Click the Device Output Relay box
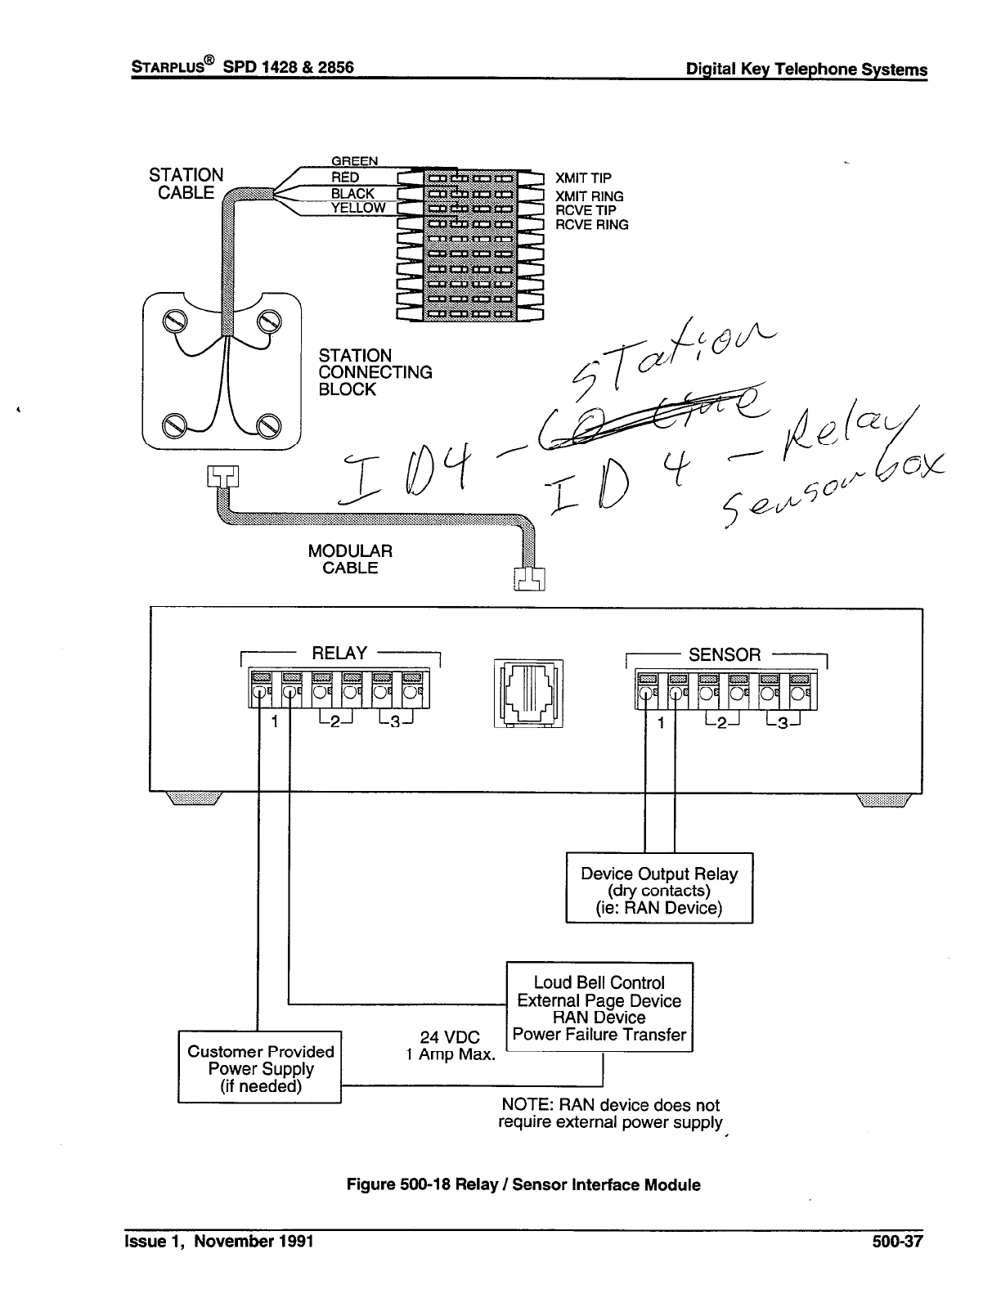coord(659,888)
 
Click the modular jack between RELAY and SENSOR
coord(529,694)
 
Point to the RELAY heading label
coord(339,654)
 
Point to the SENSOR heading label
coord(725,655)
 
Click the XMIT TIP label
coord(583,178)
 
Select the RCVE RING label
coord(592,225)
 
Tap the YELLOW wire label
coord(358,209)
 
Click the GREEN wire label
coord(354,160)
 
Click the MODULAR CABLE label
coord(350,559)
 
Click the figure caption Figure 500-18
coord(523,1184)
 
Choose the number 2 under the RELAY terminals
coord(334,721)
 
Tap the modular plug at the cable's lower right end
coord(530,577)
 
